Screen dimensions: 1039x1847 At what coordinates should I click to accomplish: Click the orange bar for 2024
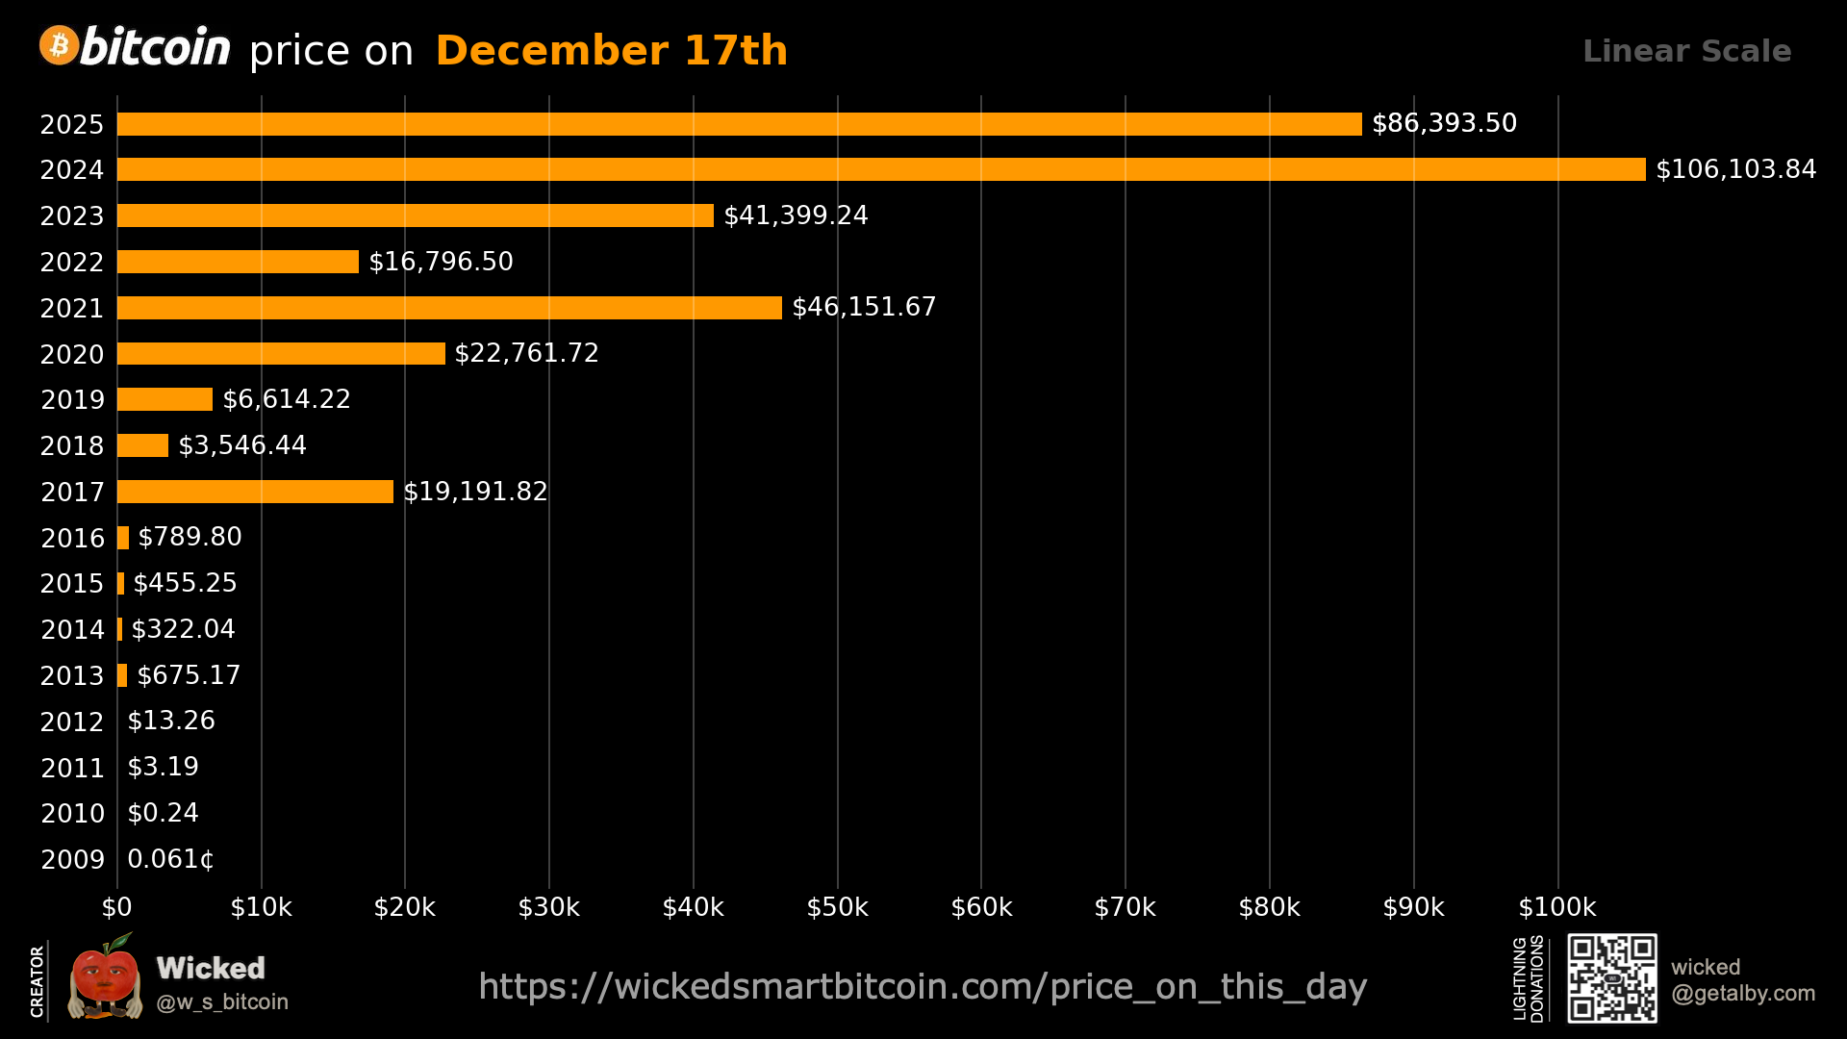click(x=880, y=169)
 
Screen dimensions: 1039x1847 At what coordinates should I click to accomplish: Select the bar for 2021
click(x=449, y=308)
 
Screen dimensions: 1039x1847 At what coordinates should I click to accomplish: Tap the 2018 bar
click(x=142, y=445)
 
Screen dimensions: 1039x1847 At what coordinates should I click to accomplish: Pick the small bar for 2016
click(x=123, y=538)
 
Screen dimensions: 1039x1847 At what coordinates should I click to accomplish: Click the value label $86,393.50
click(x=1444, y=123)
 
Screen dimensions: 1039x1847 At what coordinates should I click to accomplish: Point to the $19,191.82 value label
click(x=475, y=492)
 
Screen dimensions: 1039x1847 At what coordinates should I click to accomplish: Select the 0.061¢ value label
click(x=170, y=859)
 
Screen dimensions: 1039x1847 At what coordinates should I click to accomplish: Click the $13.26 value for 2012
click(x=171, y=721)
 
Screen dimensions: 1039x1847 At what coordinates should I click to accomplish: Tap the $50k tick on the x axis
click(x=837, y=907)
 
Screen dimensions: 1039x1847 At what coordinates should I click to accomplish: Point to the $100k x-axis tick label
click(x=1556, y=907)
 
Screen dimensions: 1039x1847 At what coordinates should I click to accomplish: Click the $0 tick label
click(x=117, y=907)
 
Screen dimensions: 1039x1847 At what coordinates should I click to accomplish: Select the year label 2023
click(x=72, y=215)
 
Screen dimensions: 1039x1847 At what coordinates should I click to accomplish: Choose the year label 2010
click(x=72, y=814)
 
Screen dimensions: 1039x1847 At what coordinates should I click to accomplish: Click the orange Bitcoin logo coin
click(x=59, y=45)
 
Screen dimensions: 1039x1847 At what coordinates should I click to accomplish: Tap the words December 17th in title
click(x=612, y=51)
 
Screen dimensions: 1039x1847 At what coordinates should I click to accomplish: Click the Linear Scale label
click(x=1686, y=51)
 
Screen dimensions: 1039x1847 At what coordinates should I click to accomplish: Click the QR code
click(x=1612, y=977)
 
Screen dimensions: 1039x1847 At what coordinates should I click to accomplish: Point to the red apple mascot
click(x=104, y=978)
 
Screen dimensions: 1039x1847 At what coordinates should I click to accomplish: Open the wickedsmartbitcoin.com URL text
click(x=923, y=987)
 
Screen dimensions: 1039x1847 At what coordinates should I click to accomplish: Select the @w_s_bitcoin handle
click(x=222, y=1002)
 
